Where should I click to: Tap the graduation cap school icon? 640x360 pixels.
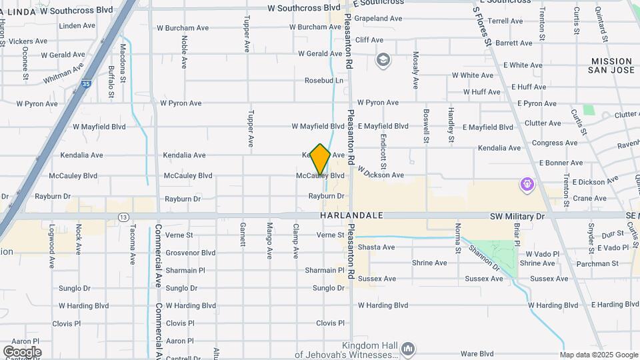[x=383, y=61]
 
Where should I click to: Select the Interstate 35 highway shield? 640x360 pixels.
[x=86, y=84]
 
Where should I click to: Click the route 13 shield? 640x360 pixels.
[x=123, y=217]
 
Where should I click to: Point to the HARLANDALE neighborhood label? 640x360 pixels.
[x=351, y=216]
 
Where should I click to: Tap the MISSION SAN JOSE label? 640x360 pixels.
[x=611, y=65]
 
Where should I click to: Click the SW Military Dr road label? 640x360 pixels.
[x=517, y=216]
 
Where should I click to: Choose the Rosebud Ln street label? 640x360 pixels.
[x=324, y=81]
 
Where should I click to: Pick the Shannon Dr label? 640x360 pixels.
[x=483, y=258]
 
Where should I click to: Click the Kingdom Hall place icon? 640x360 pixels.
[x=408, y=348]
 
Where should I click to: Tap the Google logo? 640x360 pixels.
[x=22, y=351]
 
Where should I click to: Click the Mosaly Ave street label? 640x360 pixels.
[x=415, y=71]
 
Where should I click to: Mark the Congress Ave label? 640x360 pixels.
[x=555, y=143]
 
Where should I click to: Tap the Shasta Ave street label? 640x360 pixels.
[x=377, y=247]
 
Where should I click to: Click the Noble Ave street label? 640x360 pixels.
[x=184, y=51]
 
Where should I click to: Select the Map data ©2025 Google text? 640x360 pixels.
[x=598, y=355]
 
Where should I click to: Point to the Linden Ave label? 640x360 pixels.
[x=77, y=26]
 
